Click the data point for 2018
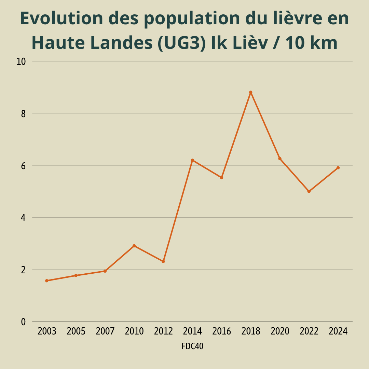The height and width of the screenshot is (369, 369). (x=250, y=92)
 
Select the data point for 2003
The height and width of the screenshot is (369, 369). (x=47, y=281)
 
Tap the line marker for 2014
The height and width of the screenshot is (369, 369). (x=192, y=160)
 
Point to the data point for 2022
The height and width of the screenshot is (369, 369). (x=309, y=191)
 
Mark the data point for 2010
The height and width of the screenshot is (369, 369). (x=134, y=246)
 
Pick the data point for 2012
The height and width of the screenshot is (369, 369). (x=163, y=261)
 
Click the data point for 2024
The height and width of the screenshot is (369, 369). (x=338, y=168)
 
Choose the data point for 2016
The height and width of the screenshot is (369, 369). (x=221, y=178)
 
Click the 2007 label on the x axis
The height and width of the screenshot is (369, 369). (x=105, y=331)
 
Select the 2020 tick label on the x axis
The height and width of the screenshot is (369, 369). (x=280, y=331)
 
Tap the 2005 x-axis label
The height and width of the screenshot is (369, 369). (x=76, y=331)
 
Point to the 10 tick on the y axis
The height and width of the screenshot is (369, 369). (x=21, y=62)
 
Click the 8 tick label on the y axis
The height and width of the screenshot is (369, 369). (x=23, y=114)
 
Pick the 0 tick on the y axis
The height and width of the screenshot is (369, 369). (x=23, y=322)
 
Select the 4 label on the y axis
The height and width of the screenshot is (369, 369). (x=23, y=218)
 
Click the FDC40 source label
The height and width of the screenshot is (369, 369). (x=192, y=346)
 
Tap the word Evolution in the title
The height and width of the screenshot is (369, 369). (x=61, y=18)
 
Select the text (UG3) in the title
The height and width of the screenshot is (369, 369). (x=182, y=43)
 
